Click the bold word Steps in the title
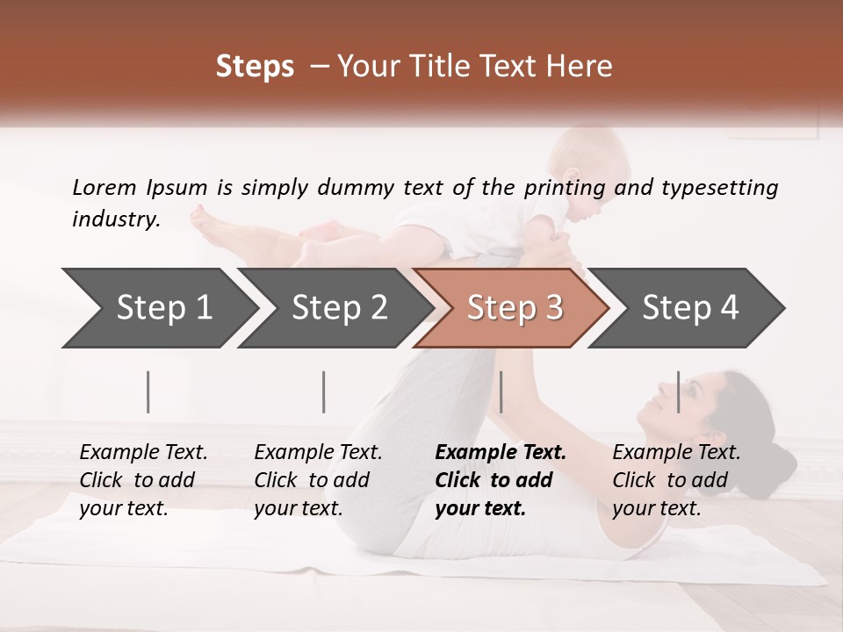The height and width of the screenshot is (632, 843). coord(255,67)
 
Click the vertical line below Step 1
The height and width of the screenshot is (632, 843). coord(148,391)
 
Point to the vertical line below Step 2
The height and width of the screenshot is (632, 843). coord(324,391)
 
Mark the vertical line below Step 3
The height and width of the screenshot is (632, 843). coord(501,391)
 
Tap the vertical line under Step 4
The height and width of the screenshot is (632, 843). coord(679,391)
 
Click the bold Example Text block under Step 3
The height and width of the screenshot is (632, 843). coord(501,480)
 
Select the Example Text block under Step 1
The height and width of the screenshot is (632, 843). coord(143,480)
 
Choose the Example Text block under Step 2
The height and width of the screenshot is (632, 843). coord(318,480)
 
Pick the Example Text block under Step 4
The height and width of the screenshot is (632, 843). coord(676,480)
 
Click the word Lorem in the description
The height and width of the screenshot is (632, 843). coord(104,187)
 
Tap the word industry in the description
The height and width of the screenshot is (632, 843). coord(116,219)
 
